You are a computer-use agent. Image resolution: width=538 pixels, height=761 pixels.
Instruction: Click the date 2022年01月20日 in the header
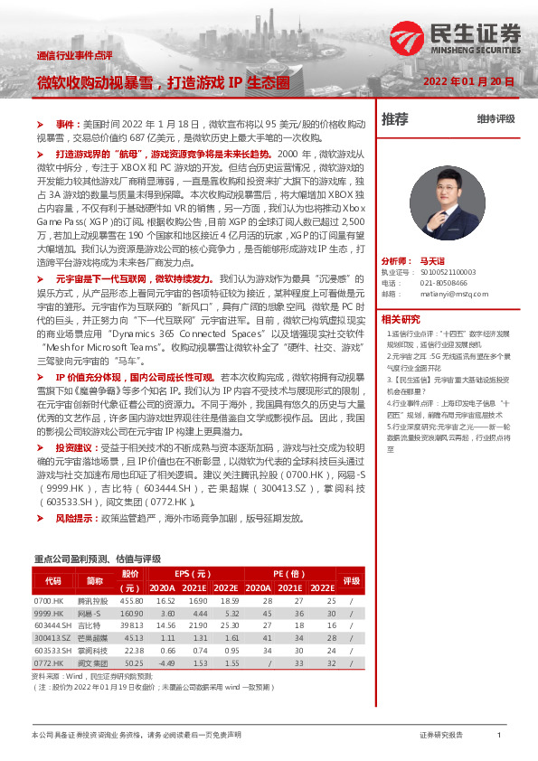click(469, 81)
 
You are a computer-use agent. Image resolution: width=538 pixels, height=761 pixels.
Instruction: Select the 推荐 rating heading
click(395, 118)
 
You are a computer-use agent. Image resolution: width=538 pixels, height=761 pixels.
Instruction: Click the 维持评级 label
click(496, 119)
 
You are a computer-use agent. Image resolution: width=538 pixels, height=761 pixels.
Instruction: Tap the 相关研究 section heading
click(401, 294)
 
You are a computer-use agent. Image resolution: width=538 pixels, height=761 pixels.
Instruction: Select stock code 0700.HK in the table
click(48, 600)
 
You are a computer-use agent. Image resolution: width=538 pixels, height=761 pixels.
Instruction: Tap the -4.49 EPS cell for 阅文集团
click(165, 662)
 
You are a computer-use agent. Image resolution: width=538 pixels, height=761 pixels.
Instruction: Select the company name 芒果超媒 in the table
click(95, 637)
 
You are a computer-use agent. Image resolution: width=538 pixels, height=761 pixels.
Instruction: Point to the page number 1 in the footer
click(498, 736)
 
